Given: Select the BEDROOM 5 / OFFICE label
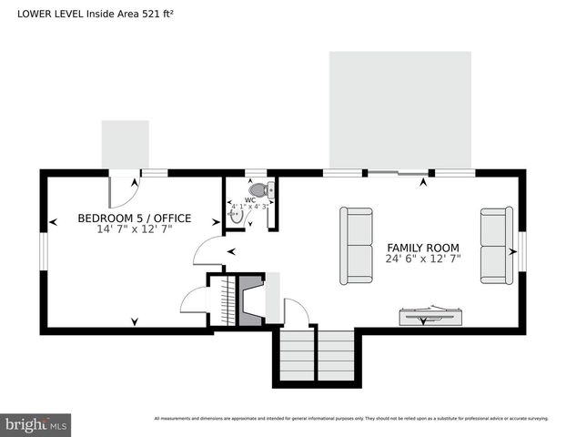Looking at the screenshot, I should pos(134,218).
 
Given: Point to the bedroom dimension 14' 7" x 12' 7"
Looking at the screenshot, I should pos(134,229).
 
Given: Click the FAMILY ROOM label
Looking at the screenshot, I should pos(422,248).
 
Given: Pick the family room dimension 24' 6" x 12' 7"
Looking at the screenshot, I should pos(422,259).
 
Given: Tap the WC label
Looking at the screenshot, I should pos(250,199).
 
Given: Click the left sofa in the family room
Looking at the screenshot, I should pos(356,246).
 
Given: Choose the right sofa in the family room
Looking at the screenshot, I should pos(496,246).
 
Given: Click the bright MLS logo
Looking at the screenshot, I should pos(35,424).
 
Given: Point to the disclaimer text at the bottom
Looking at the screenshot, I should pos(351,419).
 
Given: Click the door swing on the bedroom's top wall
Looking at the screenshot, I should pos(122,189).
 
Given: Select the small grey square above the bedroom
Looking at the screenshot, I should pos(125,144).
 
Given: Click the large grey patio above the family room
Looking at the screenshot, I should pos(399,109).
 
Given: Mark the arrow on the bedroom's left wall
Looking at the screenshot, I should pos(54,219).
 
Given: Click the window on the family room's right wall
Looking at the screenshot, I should pos(522,251).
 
